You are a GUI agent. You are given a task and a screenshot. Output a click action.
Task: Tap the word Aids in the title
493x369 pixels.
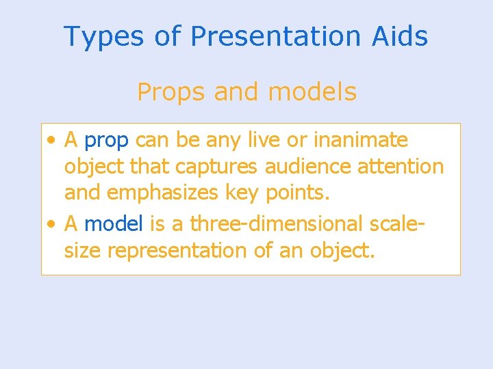tap(401, 37)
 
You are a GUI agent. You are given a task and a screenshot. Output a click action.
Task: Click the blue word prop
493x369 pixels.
tap(106, 141)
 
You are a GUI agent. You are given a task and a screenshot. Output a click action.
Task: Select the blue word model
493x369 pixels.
tap(112, 223)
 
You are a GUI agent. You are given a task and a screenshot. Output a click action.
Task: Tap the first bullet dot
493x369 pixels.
tap(52, 141)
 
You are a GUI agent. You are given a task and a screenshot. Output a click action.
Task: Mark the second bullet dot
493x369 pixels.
tap(52, 223)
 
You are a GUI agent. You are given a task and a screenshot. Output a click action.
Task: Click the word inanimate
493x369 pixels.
tap(360, 140)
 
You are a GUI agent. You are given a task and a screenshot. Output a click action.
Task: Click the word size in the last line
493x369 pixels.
tap(83, 251)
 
